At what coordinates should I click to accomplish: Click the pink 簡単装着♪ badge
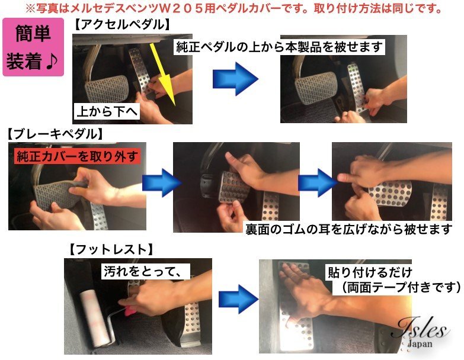[x=33, y=47]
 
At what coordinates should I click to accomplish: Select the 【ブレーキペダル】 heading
[x=55, y=134]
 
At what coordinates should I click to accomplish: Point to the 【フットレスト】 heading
[x=111, y=250]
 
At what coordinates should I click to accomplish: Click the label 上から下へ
[x=107, y=111]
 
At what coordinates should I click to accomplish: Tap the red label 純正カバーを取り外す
[x=77, y=156]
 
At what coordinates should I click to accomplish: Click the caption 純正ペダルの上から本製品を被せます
[x=279, y=47]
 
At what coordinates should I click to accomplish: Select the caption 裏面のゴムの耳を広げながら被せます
[x=349, y=229]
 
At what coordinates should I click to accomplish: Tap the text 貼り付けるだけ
[x=370, y=272]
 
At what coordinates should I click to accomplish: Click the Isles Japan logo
[x=421, y=332]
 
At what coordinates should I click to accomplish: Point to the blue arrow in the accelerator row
[x=235, y=79]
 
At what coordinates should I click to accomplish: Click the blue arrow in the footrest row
[x=239, y=299]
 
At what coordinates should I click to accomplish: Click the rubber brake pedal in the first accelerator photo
[x=107, y=88]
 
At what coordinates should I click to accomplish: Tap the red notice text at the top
[x=233, y=9]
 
